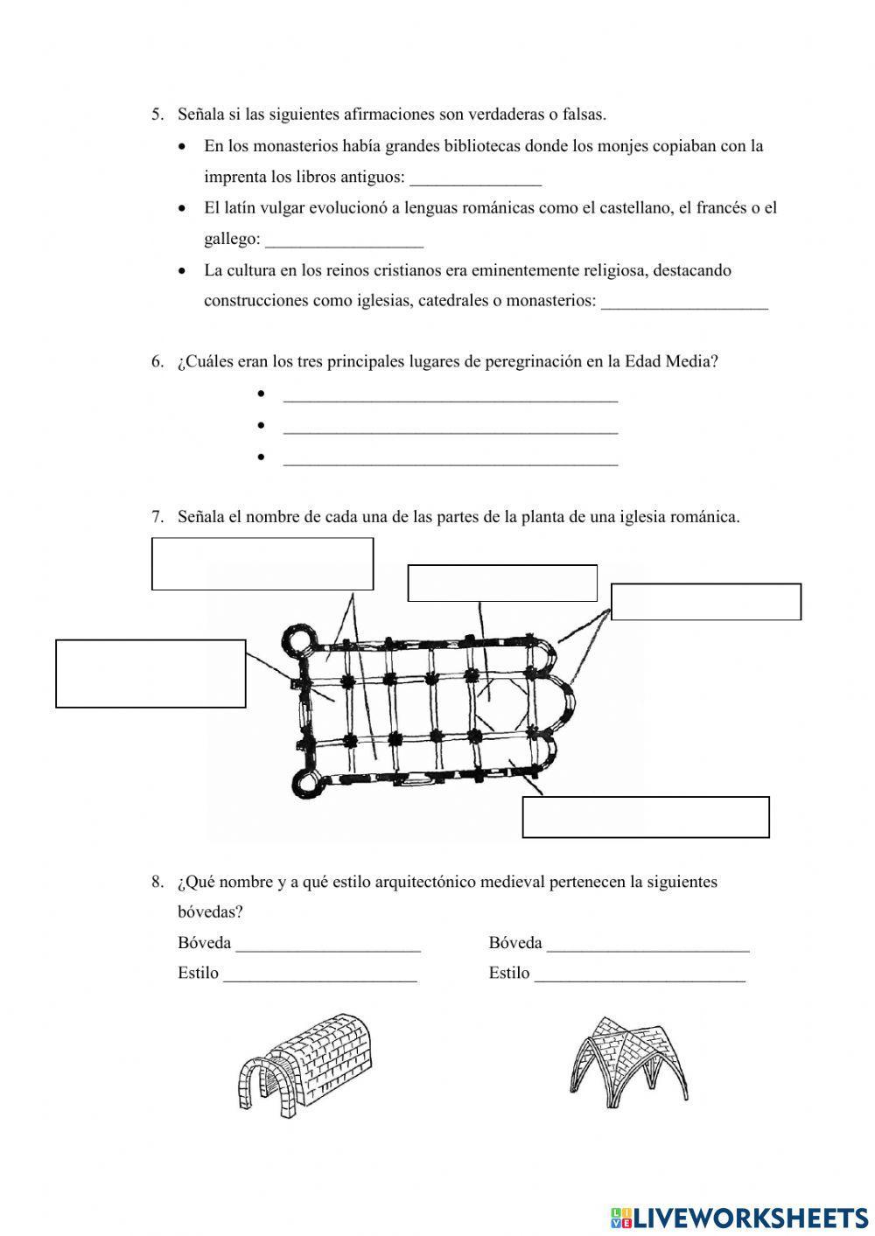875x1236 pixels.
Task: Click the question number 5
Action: click(x=157, y=114)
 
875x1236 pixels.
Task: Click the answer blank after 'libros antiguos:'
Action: click(x=475, y=178)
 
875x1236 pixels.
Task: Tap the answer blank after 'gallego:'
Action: click(x=343, y=241)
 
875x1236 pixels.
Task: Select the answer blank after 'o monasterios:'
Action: click(x=684, y=302)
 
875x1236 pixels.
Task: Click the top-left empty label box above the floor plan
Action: click(x=262, y=563)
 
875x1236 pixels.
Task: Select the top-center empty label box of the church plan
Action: click(x=502, y=583)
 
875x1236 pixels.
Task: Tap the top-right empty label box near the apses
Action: click(x=705, y=602)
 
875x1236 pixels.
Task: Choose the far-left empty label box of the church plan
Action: click(x=150, y=673)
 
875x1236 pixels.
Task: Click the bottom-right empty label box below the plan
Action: click(x=646, y=816)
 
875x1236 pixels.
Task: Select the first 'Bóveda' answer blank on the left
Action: click(x=328, y=945)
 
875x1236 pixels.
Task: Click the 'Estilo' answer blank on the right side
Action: click(x=639, y=974)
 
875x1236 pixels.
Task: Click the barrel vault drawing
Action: click(x=305, y=1065)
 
